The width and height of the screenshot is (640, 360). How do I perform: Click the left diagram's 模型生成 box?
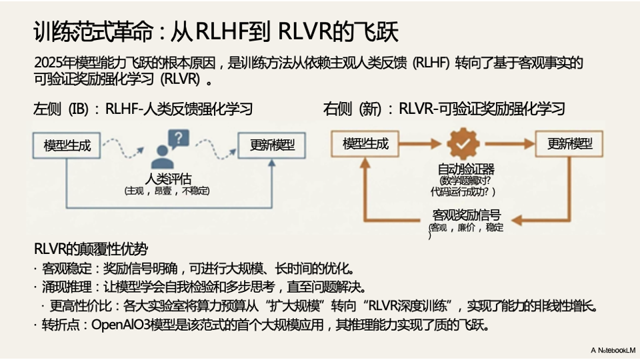(x=67, y=145)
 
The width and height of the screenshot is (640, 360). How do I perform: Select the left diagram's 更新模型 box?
(x=273, y=145)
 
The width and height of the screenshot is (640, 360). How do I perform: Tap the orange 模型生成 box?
(x=365, y=143)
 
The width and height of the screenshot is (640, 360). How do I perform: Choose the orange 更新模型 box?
(x=570, y=143)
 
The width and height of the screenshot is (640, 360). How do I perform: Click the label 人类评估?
(x=169, y=178)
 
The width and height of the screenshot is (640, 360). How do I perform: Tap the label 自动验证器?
(x=465, y=169)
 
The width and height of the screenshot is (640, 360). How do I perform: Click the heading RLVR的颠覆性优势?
(x=91, y=249)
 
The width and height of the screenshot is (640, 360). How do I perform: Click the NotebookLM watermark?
(x=613, y=349)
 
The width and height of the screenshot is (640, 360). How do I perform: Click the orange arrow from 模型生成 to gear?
(x=419, y=143)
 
